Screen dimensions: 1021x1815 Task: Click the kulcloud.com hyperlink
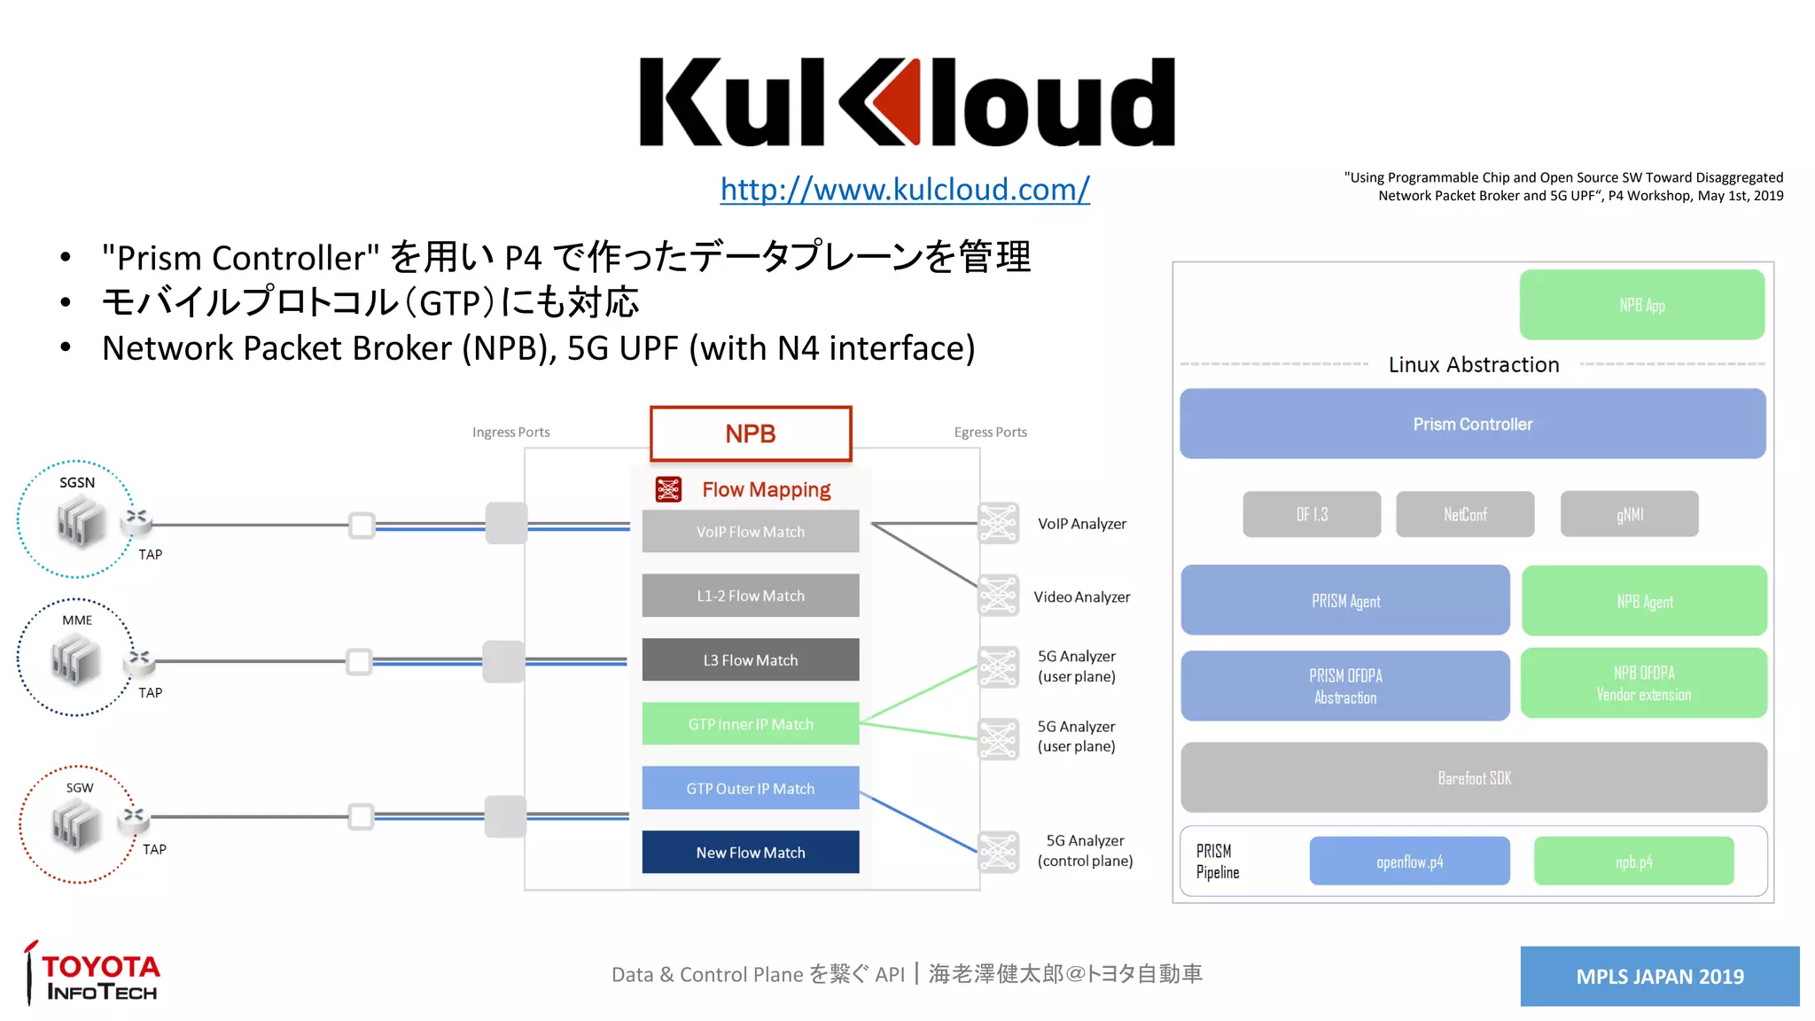[904, 190]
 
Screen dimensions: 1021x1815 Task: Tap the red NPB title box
[751, 433]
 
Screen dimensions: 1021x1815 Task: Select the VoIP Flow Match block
[751, 532]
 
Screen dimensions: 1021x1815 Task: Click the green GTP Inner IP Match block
[751, 724]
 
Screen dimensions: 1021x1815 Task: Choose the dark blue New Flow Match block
[751, 853]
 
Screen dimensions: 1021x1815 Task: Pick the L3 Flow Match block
[751, 660]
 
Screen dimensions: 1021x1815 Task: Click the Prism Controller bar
[1472, 424]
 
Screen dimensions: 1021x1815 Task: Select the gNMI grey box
[1629, 514]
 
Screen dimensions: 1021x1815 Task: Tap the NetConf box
[1464, 514]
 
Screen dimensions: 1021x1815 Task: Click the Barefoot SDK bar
[1474, 777]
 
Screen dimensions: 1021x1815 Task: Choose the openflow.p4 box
[1409, 861]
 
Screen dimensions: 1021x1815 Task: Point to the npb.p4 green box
[1633, 861]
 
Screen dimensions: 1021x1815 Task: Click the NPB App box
[1641, 305]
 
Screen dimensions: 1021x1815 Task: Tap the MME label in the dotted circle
[77, 620]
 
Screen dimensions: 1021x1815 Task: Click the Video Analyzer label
[1081, 597]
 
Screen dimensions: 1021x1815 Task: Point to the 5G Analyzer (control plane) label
[1085, 851]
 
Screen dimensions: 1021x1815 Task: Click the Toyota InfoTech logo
[93, 975]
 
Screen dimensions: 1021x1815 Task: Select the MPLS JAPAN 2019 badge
[1659, 976]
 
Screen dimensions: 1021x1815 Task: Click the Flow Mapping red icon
[668, 489]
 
